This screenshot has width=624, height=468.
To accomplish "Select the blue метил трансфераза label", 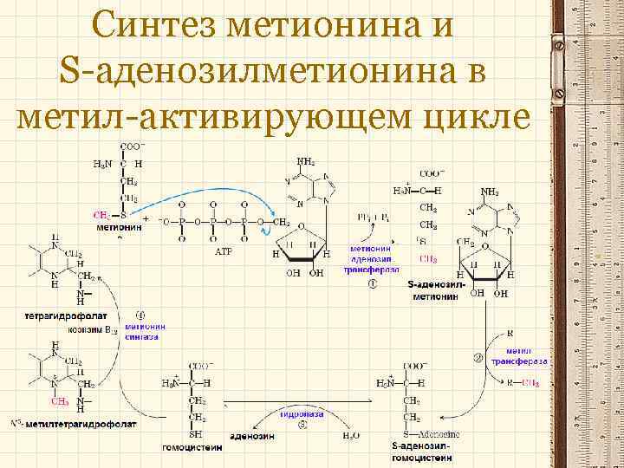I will (x=518, y=354).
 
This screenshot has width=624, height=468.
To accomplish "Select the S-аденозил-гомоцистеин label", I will (x=419, y=451).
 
